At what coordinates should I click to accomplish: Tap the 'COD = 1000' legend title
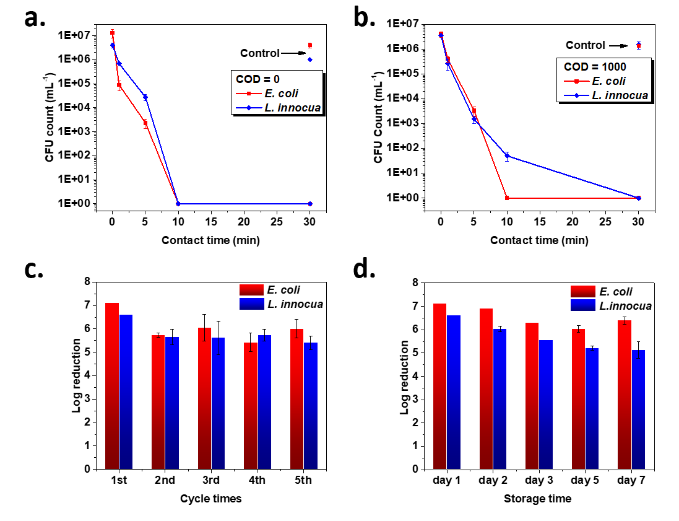point(595,67)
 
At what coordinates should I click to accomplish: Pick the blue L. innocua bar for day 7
point(638,409)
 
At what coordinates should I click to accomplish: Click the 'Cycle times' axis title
point(210,499)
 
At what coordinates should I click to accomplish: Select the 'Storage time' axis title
point(537,499)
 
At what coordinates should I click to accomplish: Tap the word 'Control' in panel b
point(585,45)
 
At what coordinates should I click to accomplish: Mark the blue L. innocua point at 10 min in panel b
point(507,156)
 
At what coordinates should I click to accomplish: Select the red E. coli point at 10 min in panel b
point(507,198)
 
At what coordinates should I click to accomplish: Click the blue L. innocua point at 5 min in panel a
point(145,97)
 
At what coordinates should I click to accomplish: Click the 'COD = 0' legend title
point(255,79)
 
